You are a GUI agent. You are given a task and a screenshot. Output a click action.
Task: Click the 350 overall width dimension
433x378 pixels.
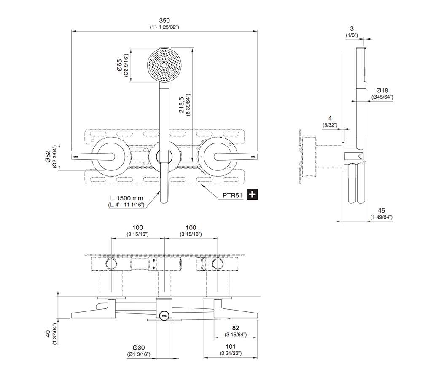pyautogui.click(x=164, y=20)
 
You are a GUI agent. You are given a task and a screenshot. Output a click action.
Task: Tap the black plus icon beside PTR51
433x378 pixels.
pyautogui.click(x=252, y=194)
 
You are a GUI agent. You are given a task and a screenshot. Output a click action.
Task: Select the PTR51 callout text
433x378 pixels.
pyautogui.click(x=232, y=196)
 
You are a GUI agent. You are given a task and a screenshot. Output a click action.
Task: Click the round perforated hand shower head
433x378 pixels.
pyautogui.click(x=164, y=65)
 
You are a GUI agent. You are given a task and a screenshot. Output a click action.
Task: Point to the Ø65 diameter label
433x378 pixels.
pyautogui.click(x=119, y=65)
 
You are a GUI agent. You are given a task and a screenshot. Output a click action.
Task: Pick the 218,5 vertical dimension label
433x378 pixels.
pyautogui.click(x=181, y=105)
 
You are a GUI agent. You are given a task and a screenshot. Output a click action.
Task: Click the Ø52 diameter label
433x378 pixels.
pyautogui.click(x=48, y=157)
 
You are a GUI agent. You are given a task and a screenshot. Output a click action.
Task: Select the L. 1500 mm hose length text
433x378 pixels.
pyautogui.click(x=126, y=198)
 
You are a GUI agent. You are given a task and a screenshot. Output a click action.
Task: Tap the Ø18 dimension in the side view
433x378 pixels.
pyautogui.click(x=382, y=90)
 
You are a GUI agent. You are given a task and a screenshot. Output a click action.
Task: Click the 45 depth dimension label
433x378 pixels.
pyautogui.click(x=381, y=211)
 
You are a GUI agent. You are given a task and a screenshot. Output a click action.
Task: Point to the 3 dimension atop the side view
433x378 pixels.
pyautogui.click(x=352, y=28)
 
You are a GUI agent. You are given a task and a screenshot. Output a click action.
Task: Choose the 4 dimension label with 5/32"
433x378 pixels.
pyautogui.click(x=330, y=119)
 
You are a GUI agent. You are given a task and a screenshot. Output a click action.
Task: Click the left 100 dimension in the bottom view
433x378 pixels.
pyautogui.click(x=137, y=228)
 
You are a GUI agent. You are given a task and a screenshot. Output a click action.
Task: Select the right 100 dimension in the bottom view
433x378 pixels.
pyautogui.click(x=191, y=228)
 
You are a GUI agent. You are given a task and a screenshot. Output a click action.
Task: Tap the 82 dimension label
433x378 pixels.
pyautogui.click(x=236, y=328)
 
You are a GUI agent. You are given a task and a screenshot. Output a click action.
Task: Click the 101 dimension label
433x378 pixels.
pyautogui.click(x=231, y=347)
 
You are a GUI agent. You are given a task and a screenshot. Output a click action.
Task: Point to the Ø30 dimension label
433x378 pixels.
pyautogui.click(x=139, y=348)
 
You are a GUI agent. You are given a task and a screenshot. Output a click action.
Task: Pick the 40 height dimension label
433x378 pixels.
pyautogui.click(x=48, y=334)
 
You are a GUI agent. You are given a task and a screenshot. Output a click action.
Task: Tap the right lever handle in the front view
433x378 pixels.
pyautogui.click(x=236, y=157)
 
